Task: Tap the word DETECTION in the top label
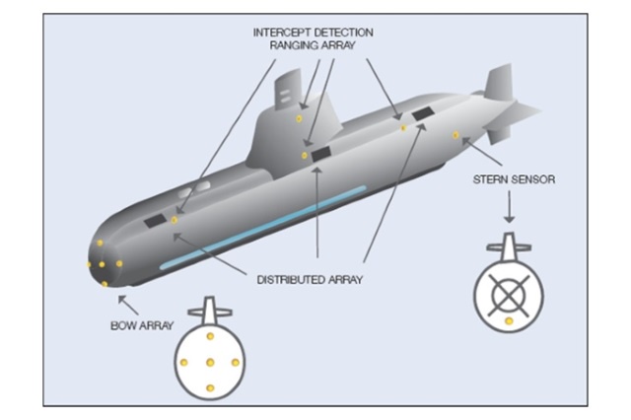(342, 33)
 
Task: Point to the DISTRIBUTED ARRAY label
(310, 279)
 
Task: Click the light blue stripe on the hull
(262, 226)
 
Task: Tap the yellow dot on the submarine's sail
(299, 118)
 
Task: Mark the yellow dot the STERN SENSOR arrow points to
(456, 135)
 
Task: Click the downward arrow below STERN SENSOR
(509, 207)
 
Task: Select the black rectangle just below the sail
(321, 153)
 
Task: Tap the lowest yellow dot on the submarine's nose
(105, 284)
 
